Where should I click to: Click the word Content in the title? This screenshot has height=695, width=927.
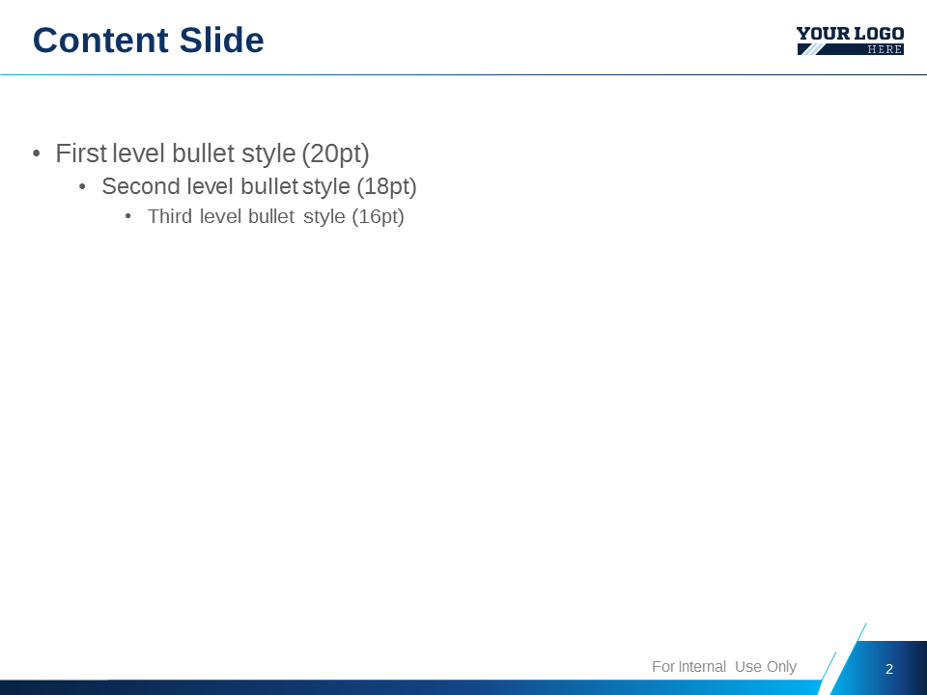point(100,41)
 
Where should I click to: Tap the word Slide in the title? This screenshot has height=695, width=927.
point(222,41)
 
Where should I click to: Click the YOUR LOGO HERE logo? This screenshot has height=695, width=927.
point(850,41)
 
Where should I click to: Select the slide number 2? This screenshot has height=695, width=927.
point(888,669)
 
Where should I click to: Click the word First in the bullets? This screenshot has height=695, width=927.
point(81,153)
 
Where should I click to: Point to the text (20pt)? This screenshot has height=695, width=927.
point(335,154)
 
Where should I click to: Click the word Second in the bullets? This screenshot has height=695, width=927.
point(141,186)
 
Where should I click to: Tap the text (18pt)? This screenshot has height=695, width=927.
point(386,187)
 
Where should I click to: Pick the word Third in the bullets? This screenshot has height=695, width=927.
point(170,216)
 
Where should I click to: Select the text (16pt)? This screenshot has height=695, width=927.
point(378,217)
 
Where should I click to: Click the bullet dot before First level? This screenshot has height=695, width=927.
point(37,154)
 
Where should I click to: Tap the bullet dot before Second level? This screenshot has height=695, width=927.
point(82,187)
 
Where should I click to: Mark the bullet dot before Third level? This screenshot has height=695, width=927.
point(127,217)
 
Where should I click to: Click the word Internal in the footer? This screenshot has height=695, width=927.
point(702,667)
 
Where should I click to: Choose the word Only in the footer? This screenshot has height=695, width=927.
point(781,667)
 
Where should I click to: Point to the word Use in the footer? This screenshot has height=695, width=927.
point(747,667)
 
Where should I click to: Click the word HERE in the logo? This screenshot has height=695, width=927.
point(885,49)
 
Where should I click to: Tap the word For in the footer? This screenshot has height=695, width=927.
point(663,667)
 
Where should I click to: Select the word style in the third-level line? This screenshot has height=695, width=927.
point(324,217)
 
